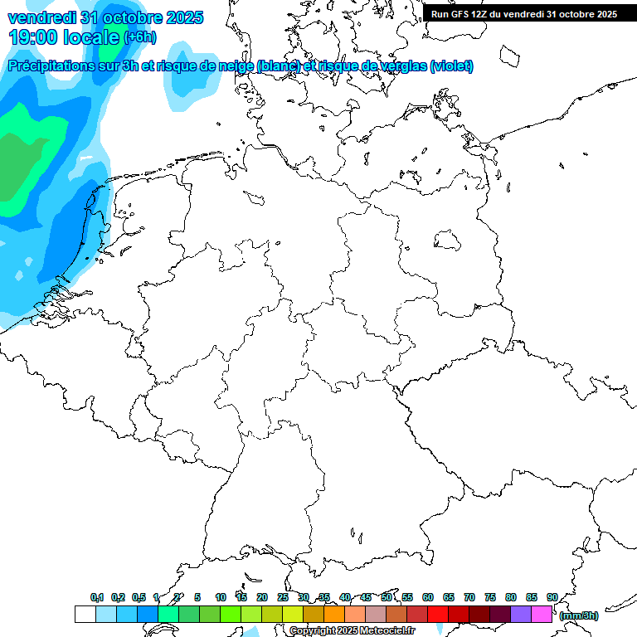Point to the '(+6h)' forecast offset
point(139,37)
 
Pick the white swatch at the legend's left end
point(85,614)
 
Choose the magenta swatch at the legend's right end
point(542,614)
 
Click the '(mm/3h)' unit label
point(579,615)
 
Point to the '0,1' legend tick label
point(97,597)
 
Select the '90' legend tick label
point(552,597)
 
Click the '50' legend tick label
point(387,597)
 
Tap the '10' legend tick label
point(221,597)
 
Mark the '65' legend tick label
point(449,597)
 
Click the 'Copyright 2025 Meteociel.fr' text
point(353,630)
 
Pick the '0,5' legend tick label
point(139,597)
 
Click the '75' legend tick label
point(490,597)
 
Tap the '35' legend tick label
point(324,597)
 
